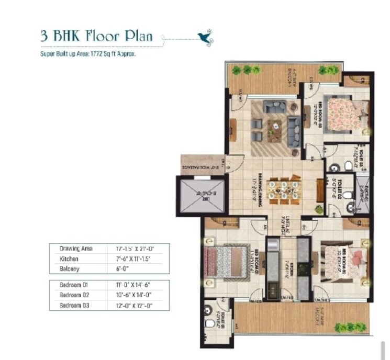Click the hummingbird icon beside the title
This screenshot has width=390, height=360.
tap(203, 36)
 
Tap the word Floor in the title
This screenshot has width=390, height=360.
tap(101, 36)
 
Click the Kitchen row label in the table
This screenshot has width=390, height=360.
tap(69, 259)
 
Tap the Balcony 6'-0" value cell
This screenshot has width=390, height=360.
tap(117, 269)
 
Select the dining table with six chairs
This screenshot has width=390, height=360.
tap(283, 191)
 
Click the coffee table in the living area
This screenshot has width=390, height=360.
tap(275, 126)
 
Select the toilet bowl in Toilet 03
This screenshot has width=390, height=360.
tap(348, 166)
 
